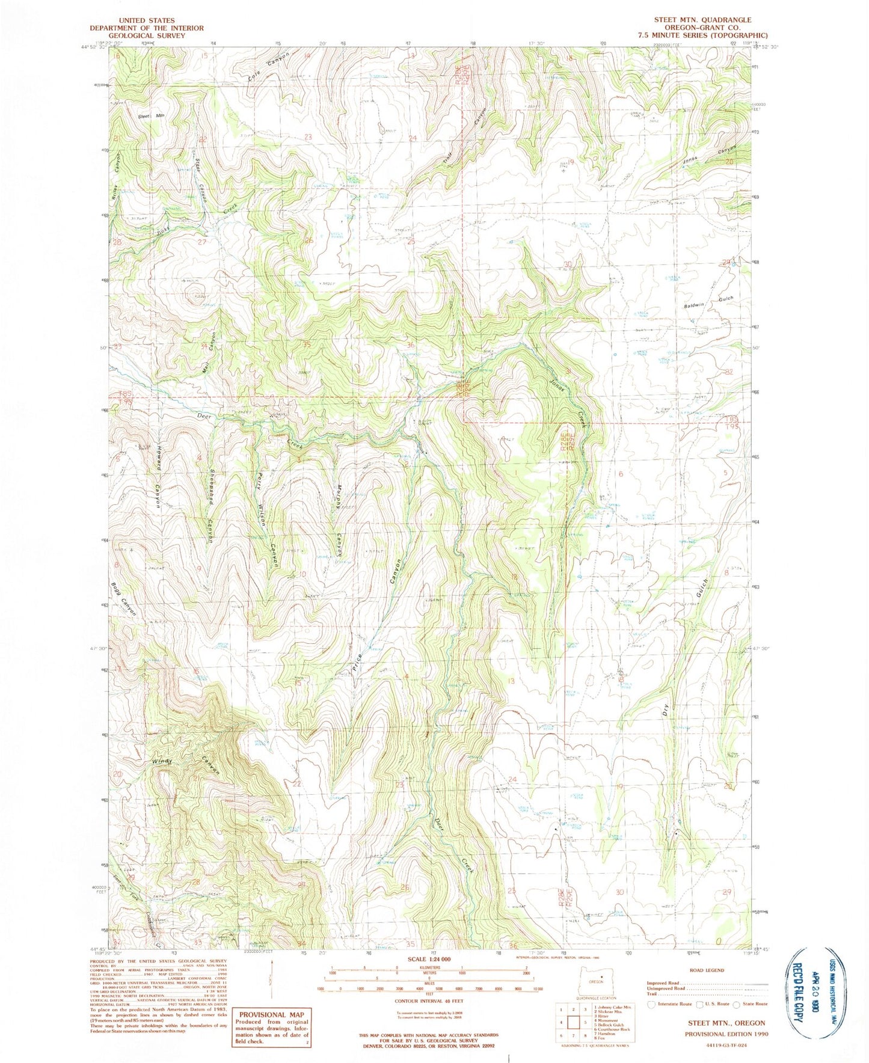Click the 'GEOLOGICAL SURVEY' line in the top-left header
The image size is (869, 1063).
point(146,35)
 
